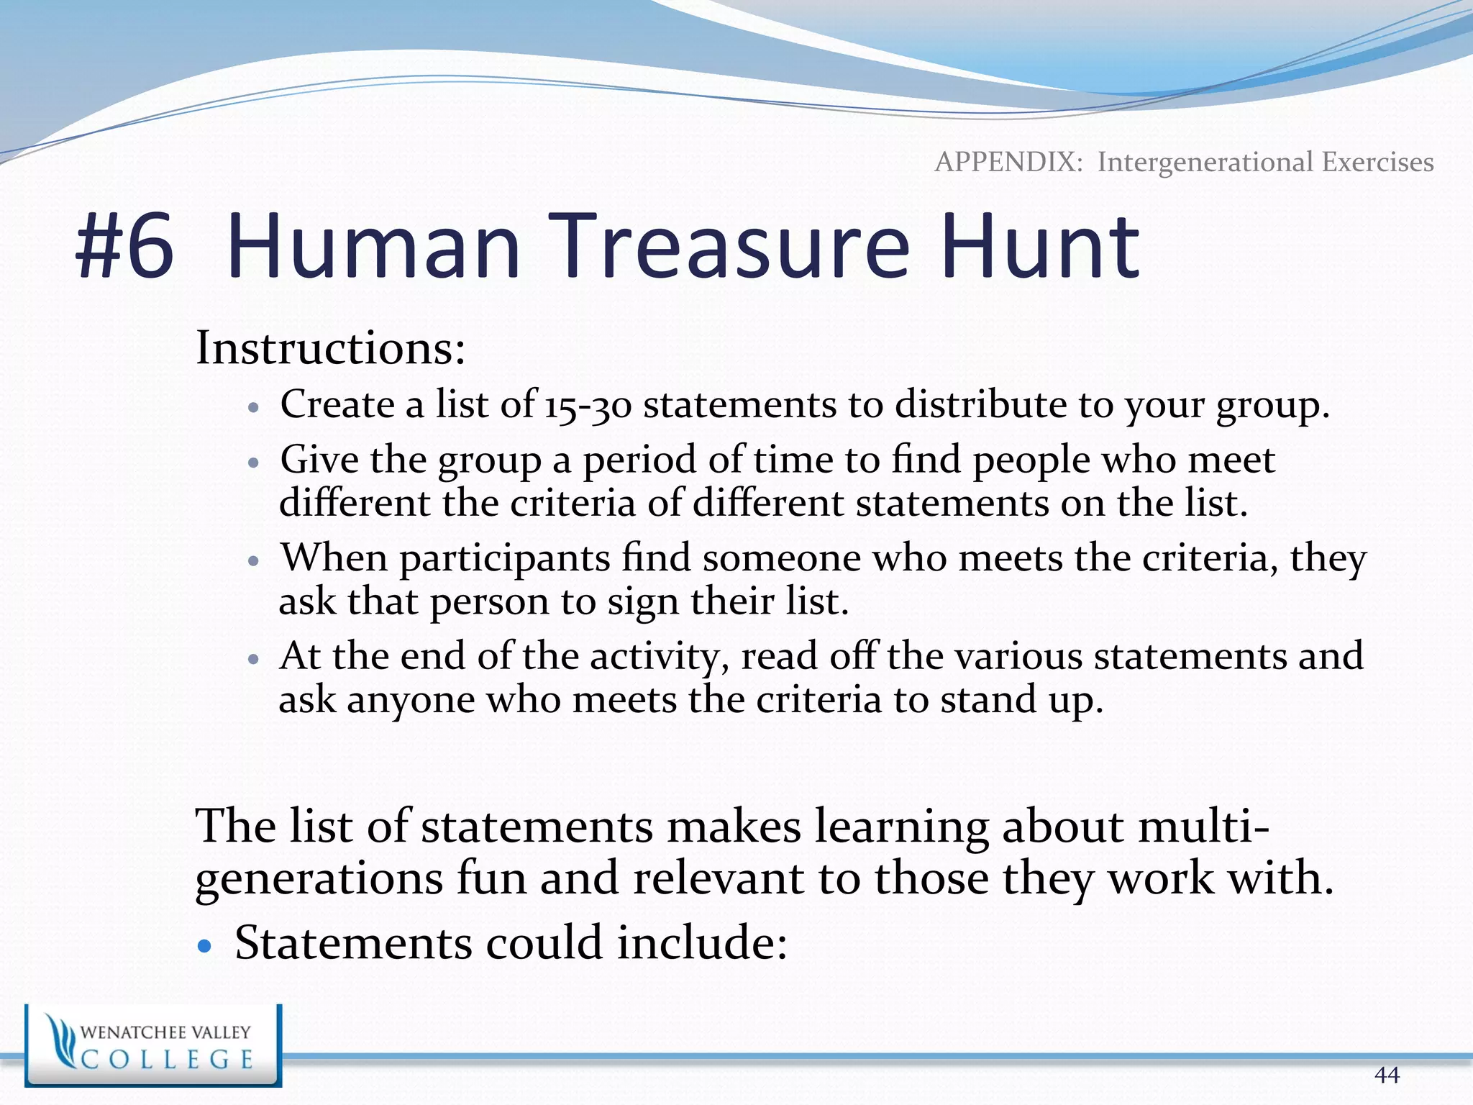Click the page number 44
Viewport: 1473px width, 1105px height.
pos(1386,1075)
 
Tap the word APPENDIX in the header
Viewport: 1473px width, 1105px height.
pos(1008,163)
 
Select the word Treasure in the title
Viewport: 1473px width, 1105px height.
pos(733,246)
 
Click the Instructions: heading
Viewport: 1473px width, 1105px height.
pos(330,348)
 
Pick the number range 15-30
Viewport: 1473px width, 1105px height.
pos(588,405)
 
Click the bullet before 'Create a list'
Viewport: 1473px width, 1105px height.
pos(252,407)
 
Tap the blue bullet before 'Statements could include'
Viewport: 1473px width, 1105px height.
pos(205,946)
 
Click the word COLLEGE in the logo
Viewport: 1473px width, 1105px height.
pos(167,1060)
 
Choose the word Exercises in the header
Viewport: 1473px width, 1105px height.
pos(1377,163)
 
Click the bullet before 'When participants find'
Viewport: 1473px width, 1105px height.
pos(252,560)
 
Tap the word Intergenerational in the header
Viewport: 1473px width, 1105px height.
pos(1206,163)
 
